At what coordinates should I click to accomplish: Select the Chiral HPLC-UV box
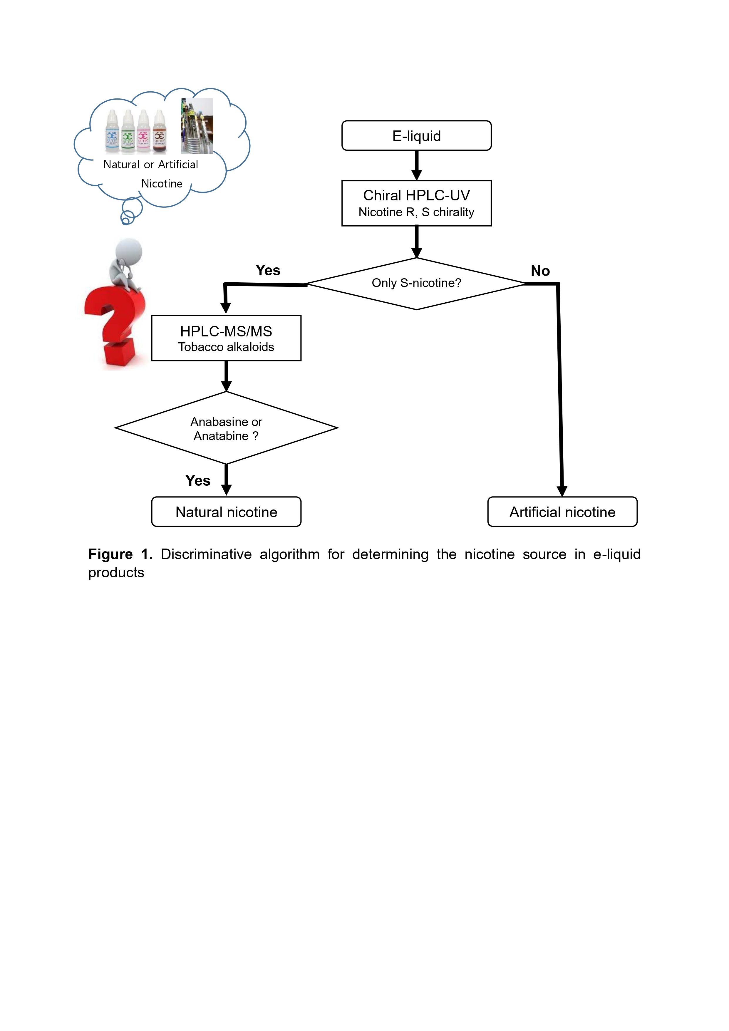[x=416, y=203]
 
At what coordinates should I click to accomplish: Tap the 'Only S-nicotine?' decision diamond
[x=416, y=283]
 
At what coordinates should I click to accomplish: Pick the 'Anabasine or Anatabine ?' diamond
[x=226, y=428]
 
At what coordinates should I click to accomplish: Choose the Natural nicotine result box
[x=226, y=512]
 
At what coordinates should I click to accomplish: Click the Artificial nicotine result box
[x=562, y=512]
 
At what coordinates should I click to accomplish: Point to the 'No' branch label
[x=540, y=271]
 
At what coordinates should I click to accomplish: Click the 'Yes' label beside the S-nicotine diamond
[x=268, y=270]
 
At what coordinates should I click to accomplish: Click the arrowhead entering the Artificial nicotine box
[x=562, y=491]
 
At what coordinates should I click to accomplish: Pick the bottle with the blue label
[x=112, y=132]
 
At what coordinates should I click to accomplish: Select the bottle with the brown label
[x=160, y=132]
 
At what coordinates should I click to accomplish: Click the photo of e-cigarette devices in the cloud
[x=197, y=126]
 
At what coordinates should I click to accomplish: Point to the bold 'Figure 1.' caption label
[x=120, y=554]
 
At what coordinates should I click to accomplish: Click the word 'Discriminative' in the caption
[x=206, y=554]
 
